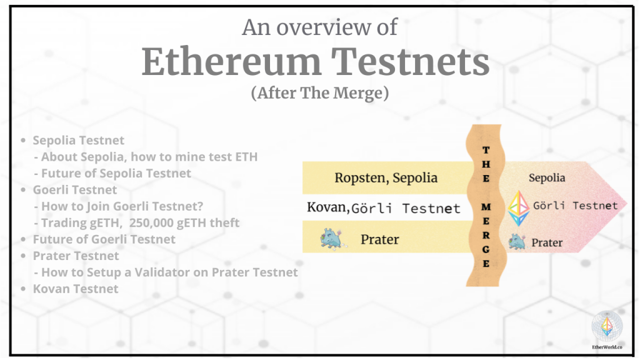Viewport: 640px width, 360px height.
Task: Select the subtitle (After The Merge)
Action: [320, 93]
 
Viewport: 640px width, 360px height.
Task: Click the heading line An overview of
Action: [319, 27]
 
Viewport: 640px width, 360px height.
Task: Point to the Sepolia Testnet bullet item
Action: [78, 141]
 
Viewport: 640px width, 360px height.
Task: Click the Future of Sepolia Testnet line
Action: [116, 173]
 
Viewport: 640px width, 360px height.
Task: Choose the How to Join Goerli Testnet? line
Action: [122, 206]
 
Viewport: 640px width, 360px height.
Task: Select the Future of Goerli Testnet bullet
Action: [104, 239]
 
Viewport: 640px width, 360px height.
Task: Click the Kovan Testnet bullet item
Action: [75, 288]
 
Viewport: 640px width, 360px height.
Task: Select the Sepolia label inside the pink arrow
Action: [547, 177]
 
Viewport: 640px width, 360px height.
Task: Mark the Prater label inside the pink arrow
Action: [547, 242]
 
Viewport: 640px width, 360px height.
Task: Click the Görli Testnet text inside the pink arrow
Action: [575, 206]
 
